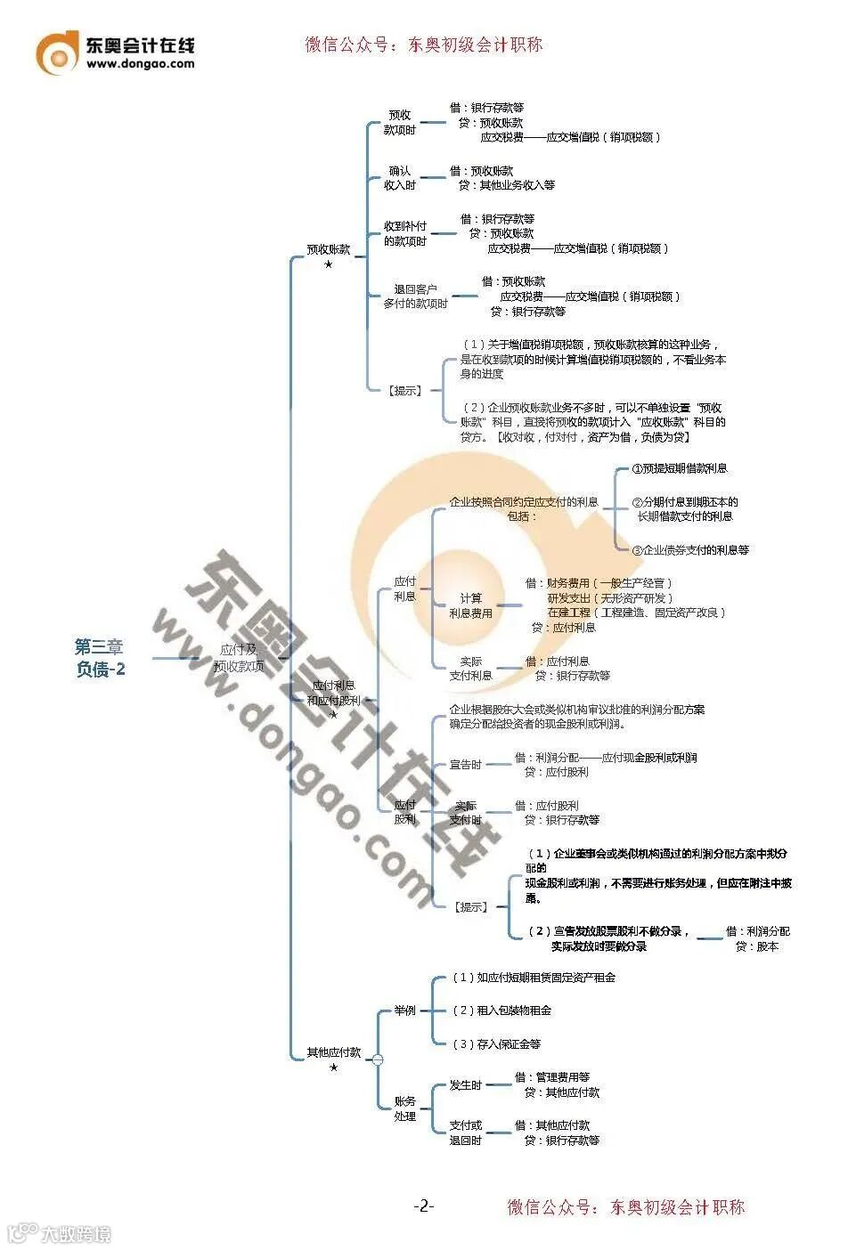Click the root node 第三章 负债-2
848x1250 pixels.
(100, 658)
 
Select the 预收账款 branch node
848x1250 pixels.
(329, 250)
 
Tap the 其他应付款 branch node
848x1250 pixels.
(334, 1052)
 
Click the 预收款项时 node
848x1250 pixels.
(400, 123)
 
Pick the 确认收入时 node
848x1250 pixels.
(400, 178)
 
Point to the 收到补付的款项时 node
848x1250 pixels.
(405, 234)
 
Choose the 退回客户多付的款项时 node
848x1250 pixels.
(415, 296)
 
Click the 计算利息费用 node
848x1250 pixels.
(470, 605)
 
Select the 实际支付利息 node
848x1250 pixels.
(470, 669)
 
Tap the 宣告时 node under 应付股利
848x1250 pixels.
(465, 765)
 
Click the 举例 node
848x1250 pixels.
(405, 1011)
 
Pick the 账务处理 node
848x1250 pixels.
(405, 1108)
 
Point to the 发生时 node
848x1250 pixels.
(465, 1085)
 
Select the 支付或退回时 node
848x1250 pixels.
(465, 1132)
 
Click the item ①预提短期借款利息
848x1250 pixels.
(680, 468)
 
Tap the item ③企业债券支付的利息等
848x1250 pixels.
(690, 550)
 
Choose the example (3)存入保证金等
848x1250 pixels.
(496, 1044)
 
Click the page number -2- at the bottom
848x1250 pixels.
(424, 1206)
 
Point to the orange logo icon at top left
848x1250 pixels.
(57, 53)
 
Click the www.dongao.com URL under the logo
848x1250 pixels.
(140, 64)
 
